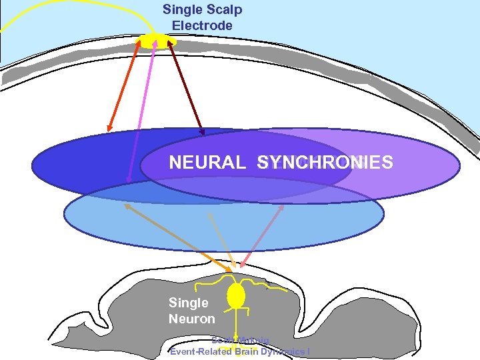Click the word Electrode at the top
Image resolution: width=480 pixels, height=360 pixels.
[202, 26]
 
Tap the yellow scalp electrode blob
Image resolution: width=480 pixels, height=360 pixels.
[153, 40]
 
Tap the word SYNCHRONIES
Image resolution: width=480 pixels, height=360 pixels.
[325, 163]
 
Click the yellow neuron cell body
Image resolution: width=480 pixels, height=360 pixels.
[236, 295]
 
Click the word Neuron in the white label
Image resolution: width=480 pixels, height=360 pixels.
[191, 319]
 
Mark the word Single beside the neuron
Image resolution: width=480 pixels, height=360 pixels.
[188, 303]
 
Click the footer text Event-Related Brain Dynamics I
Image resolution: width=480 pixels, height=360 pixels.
[239, 351]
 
